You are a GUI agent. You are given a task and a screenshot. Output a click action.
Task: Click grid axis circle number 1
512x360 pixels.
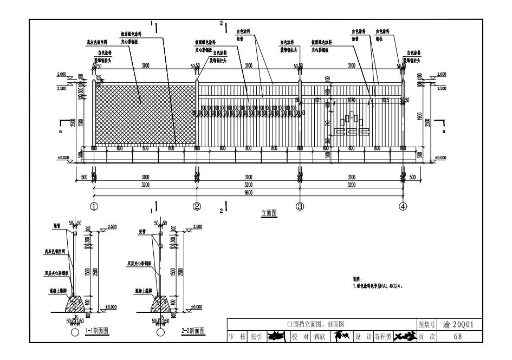[x=94, y=206]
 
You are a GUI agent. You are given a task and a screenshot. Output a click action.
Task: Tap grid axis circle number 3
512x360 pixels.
[x=300, y=206]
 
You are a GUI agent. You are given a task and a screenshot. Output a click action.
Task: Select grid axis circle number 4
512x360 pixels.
[x=403, y=206]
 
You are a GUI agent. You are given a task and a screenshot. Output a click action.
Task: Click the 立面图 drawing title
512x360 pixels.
[x=269, y=213]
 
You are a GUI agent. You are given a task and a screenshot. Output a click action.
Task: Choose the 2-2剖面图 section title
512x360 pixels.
[x=193, y=330]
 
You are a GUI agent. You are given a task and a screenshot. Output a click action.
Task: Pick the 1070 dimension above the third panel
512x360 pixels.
[x=351, y=100]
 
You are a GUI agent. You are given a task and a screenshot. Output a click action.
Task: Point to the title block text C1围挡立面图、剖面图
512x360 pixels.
[x=322, y=324]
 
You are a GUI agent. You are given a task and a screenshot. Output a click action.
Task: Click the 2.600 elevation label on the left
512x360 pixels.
[x=63, y=74]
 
